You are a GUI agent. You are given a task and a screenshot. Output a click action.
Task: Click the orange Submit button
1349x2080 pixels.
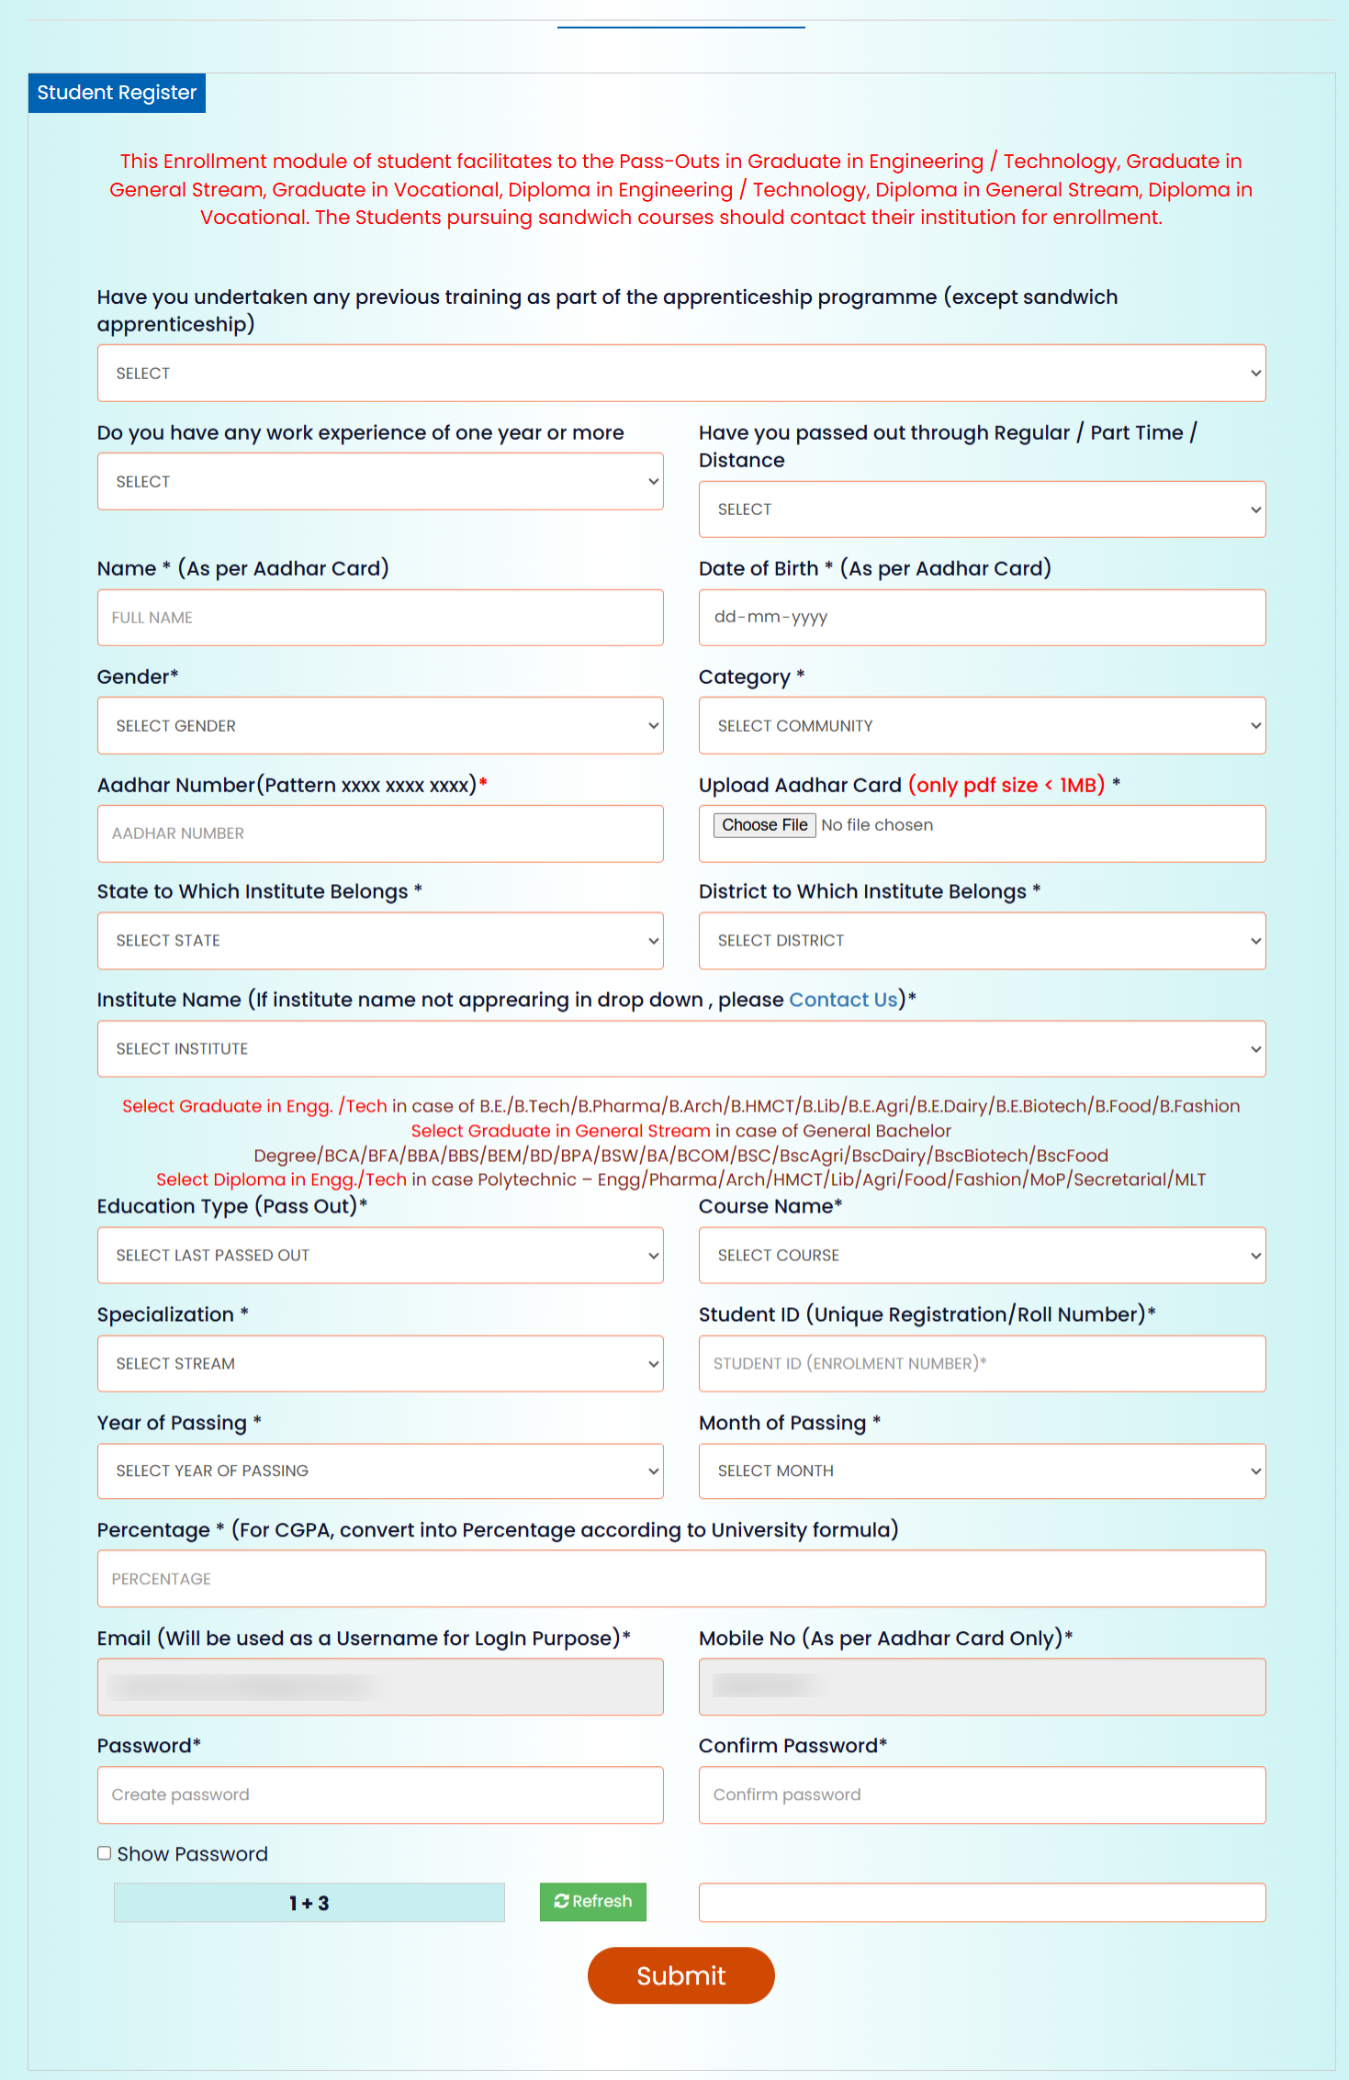tap(680, 1975)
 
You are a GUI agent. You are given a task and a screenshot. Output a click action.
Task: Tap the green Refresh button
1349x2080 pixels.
tap(592, 1901)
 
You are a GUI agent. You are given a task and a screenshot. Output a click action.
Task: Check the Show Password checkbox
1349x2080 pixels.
tap(105, 1853)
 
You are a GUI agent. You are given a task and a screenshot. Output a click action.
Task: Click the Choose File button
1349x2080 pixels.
tap(764, 825)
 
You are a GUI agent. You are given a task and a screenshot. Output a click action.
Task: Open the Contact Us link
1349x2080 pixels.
tap(842, 1000)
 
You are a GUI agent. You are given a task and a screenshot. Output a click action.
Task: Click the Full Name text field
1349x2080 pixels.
tap(380, 618)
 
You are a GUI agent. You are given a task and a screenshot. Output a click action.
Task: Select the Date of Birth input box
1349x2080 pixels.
tap(982, 618)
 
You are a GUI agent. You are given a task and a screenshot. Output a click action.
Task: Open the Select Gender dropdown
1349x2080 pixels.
tap(380, 726)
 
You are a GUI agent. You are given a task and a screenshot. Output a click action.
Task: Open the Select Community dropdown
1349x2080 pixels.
tap(982, 726)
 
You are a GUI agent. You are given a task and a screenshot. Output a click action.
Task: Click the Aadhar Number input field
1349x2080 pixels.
tap(380, 833)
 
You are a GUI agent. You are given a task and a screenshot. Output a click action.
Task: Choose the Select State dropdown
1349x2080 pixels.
tap(380, 941)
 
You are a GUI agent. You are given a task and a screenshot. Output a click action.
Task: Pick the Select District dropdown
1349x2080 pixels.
tap(982, 941)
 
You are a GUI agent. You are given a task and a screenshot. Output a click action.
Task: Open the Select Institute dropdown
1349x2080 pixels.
tap(680, 1049)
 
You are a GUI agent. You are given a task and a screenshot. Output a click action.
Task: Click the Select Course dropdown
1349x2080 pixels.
tap(982, 1256)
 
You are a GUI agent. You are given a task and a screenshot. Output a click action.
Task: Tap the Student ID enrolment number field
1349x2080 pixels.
tap(982, 1364)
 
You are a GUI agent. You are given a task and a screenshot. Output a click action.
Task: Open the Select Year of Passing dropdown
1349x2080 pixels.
tap(380, 1471)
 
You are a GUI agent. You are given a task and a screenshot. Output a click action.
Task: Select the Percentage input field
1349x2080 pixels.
tap(680, 1579)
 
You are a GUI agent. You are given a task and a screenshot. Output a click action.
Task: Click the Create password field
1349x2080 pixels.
tap(380, 1795)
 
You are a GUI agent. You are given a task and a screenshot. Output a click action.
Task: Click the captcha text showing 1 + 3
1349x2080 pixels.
tap(309, 1903)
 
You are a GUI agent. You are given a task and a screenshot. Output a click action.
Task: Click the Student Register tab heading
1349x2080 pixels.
tap(117, 93)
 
